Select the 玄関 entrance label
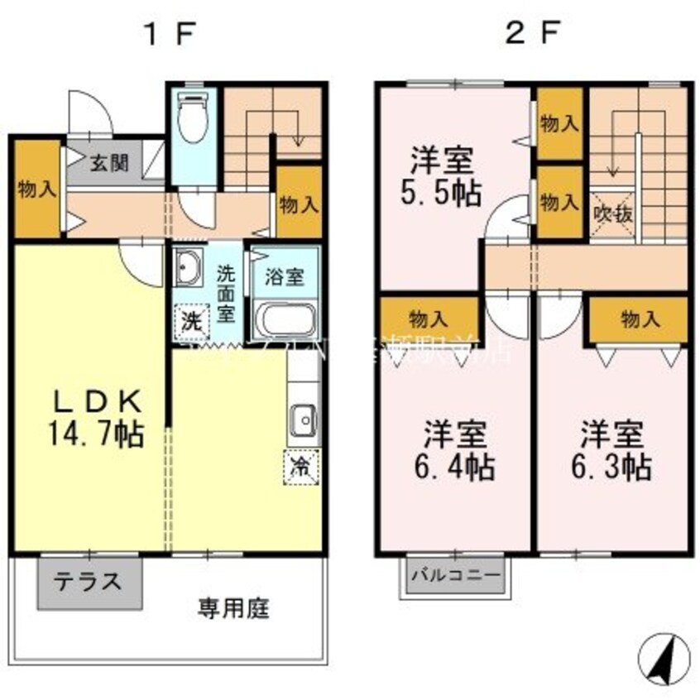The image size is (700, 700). tap(109, 162)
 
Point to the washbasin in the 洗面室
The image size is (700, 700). tap(189, 267)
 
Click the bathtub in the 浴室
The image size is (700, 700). tap(284, 319)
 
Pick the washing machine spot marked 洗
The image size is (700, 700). tap(191, 321)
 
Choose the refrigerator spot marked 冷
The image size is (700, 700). tap(301, 466)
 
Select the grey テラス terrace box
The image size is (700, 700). tap(89, 582)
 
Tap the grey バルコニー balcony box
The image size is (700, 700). tap(455, 574)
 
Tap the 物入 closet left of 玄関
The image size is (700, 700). tap(36, 189)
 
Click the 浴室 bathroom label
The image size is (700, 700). tap(284, 277)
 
